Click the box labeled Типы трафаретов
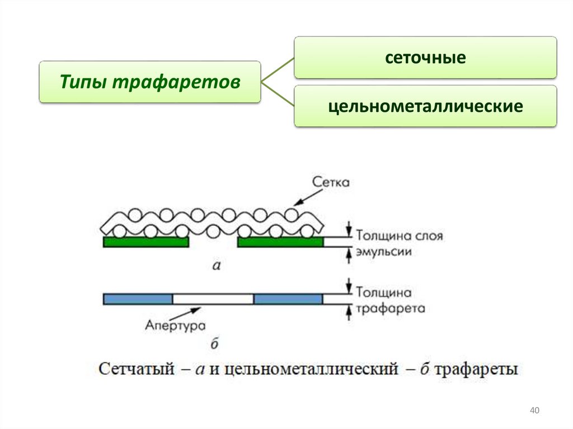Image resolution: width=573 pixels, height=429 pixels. coord(149,82)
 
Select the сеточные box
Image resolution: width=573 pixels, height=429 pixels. coord(425,58)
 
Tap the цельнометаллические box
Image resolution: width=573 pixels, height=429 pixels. coord(425,106)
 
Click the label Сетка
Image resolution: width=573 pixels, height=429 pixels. coord(331,182)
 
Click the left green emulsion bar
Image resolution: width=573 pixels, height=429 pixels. coord(145,242)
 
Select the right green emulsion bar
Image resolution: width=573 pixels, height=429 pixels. coord(280,242)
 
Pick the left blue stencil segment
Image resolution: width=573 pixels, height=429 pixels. coord(138,299)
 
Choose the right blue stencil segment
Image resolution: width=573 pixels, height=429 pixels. coord(288,299)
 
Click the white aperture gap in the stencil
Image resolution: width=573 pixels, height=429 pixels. coord(213,299)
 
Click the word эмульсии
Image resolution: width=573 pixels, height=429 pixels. coord(384,252)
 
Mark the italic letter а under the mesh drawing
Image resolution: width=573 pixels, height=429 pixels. coord(217,266)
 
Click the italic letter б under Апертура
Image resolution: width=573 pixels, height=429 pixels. coord(214,343)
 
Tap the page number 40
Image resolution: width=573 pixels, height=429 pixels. coord(534,412)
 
